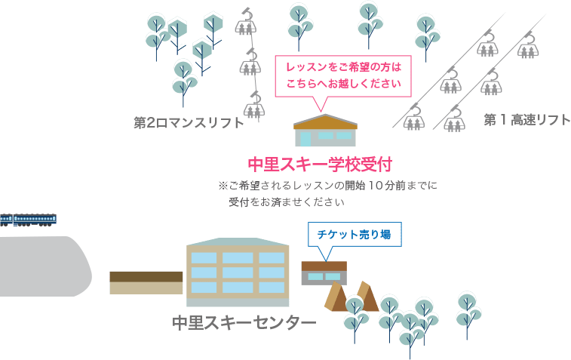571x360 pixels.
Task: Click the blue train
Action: coord(28,220)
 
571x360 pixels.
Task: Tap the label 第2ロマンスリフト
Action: coord(189,123)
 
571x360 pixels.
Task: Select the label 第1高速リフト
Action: coord(527,120)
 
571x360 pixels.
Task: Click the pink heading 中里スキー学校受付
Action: coord(320,165)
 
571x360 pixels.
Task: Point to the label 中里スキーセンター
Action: coord(244,322)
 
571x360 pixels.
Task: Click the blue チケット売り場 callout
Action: coord(355,234)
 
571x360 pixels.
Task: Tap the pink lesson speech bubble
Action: coord(343,76)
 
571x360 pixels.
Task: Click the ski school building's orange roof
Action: coord(326,122)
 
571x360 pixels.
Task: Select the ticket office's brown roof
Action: coord(324,266)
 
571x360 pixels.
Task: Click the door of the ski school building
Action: coord(305,139)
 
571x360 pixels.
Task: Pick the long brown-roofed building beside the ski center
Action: coord(146,283)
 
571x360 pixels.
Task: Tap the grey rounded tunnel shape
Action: coord(45,266)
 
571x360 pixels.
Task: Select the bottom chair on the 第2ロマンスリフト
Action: coord(254,106)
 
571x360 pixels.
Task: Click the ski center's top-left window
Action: coord(204,258)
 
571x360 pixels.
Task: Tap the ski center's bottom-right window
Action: coord(272,287)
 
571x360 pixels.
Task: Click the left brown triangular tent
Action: coord(335,297)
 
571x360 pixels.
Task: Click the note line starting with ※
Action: coord(328,186)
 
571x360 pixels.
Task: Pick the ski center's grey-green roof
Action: coord(238,242)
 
